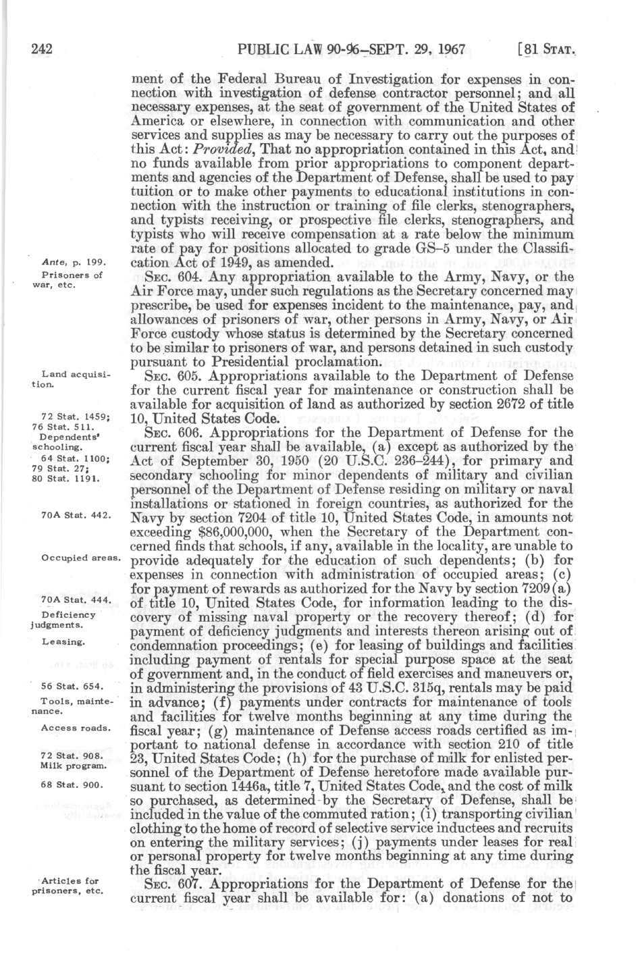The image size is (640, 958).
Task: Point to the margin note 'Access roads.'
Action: click(x=76, y=728)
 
